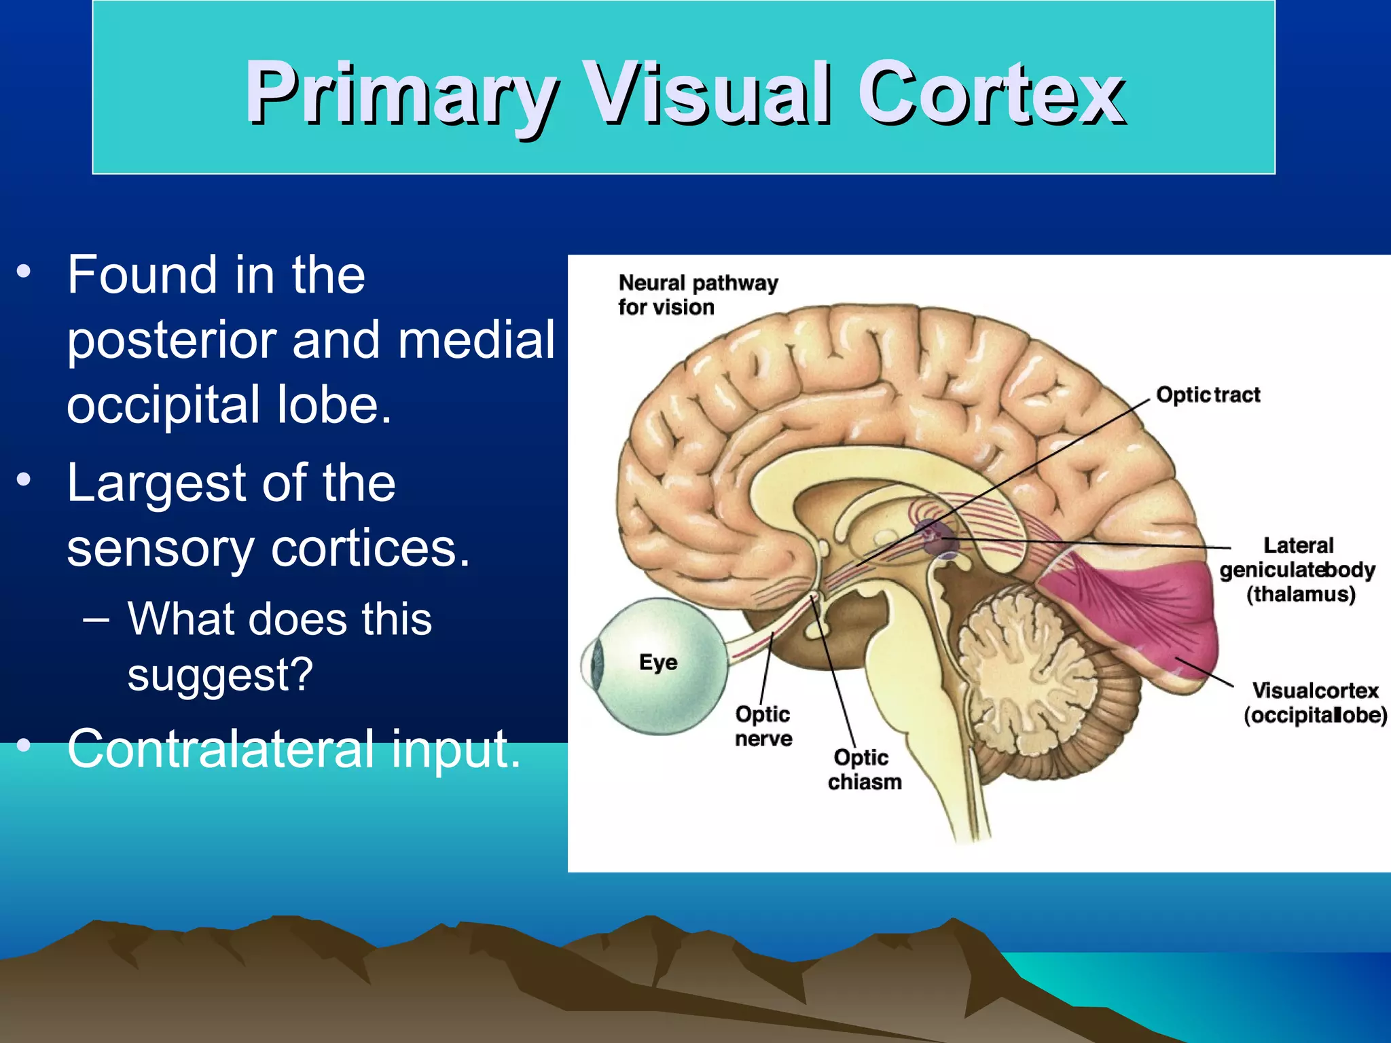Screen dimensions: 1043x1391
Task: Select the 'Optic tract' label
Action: point(1208,395)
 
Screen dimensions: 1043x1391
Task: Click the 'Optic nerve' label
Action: point(763,726)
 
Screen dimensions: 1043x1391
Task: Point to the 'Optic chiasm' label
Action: point(863,769)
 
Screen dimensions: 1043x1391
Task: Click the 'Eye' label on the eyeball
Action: point(657,662)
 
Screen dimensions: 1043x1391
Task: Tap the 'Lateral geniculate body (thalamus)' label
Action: point(1297,570)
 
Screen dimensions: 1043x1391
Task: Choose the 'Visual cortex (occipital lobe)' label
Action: point(1315,703)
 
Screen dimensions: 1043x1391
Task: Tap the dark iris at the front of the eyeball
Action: point(598,662)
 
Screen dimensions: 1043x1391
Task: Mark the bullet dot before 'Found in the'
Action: point(24,272)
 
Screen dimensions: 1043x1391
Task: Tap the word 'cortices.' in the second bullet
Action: point(370,548)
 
